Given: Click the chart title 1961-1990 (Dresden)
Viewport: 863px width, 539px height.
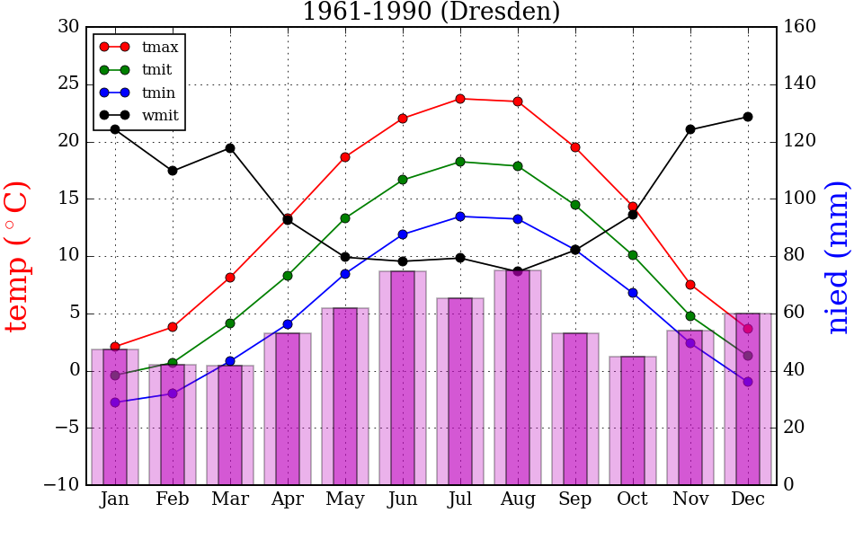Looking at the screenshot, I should (431, 13).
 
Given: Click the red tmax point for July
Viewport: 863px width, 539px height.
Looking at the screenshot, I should (460, 99).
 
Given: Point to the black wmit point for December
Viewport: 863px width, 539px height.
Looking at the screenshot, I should (748, 117).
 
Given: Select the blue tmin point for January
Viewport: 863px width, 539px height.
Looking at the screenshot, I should (115, 402).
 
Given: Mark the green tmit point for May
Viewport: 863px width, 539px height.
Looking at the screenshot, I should (345, 218).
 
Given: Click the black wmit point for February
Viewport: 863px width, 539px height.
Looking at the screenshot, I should (173, 171).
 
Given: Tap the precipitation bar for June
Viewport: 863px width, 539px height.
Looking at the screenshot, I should (403, 377).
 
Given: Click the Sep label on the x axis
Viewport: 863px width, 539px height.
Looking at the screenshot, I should (575, 500).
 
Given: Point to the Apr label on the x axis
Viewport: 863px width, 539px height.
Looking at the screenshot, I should (288, 500).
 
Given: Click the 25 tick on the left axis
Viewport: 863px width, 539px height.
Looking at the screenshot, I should (68, 84).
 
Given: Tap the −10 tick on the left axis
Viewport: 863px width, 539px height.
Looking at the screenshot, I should (62, 485).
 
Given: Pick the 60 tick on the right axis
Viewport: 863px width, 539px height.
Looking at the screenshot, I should (796, 314).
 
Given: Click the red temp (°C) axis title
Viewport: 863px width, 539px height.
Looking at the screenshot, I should (18, 256).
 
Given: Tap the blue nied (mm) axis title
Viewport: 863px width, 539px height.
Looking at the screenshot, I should (838, 256).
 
